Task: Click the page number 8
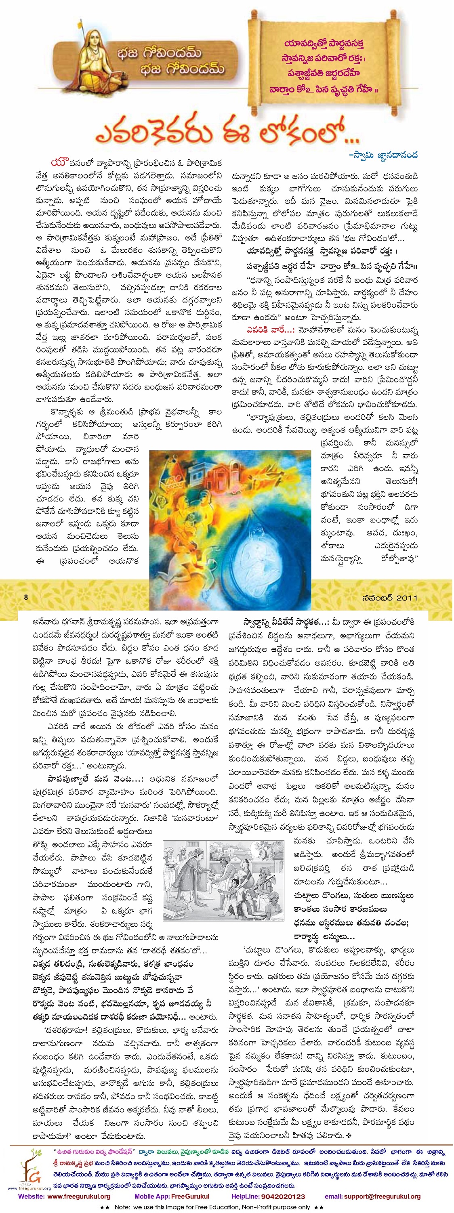coord(26,598)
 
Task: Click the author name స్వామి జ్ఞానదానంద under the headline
coord(383,155)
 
